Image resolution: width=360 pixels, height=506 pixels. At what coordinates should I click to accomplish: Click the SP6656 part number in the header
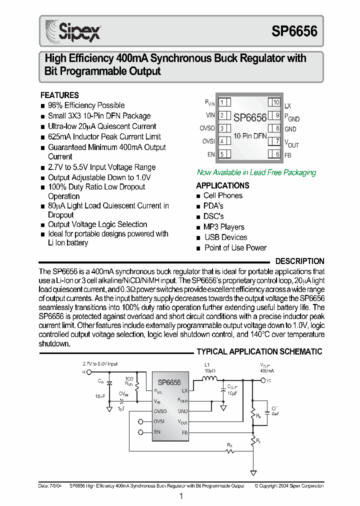tap(294, 31)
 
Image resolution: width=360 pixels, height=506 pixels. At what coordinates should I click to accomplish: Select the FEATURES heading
tap(59, 95)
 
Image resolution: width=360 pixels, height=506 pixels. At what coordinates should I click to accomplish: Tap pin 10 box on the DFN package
tap(275, 102)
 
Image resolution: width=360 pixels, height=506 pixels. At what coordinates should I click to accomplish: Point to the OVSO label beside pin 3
tap(207, 128)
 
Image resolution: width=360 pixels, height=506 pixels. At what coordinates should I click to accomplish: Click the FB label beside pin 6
tap(288, 155)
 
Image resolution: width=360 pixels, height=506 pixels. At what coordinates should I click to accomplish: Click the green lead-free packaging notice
tap(256, 172)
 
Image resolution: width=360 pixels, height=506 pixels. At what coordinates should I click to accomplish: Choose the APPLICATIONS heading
tap(222, 185)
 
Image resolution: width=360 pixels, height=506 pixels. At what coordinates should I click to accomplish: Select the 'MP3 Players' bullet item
tap(224, 227)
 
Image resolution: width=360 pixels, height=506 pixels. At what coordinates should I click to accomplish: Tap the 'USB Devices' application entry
tap(225, 237)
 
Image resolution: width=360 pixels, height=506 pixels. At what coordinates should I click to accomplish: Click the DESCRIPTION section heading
tap(299, 261)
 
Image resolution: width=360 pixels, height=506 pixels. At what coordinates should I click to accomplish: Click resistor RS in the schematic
tap(229, 450)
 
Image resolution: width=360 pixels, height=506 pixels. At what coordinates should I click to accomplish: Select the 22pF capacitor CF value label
tap(275, 414)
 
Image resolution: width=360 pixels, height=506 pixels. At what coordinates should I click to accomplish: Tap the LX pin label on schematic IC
tap(184, 390)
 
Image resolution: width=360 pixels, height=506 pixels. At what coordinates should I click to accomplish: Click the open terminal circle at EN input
tap(141, 432)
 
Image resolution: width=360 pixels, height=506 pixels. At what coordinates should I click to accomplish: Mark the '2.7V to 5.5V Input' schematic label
tap(100, 364)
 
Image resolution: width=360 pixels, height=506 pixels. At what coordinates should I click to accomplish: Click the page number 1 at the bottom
tap(180, 496)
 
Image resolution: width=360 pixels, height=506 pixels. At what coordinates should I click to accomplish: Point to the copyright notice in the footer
tap(289, 485)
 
